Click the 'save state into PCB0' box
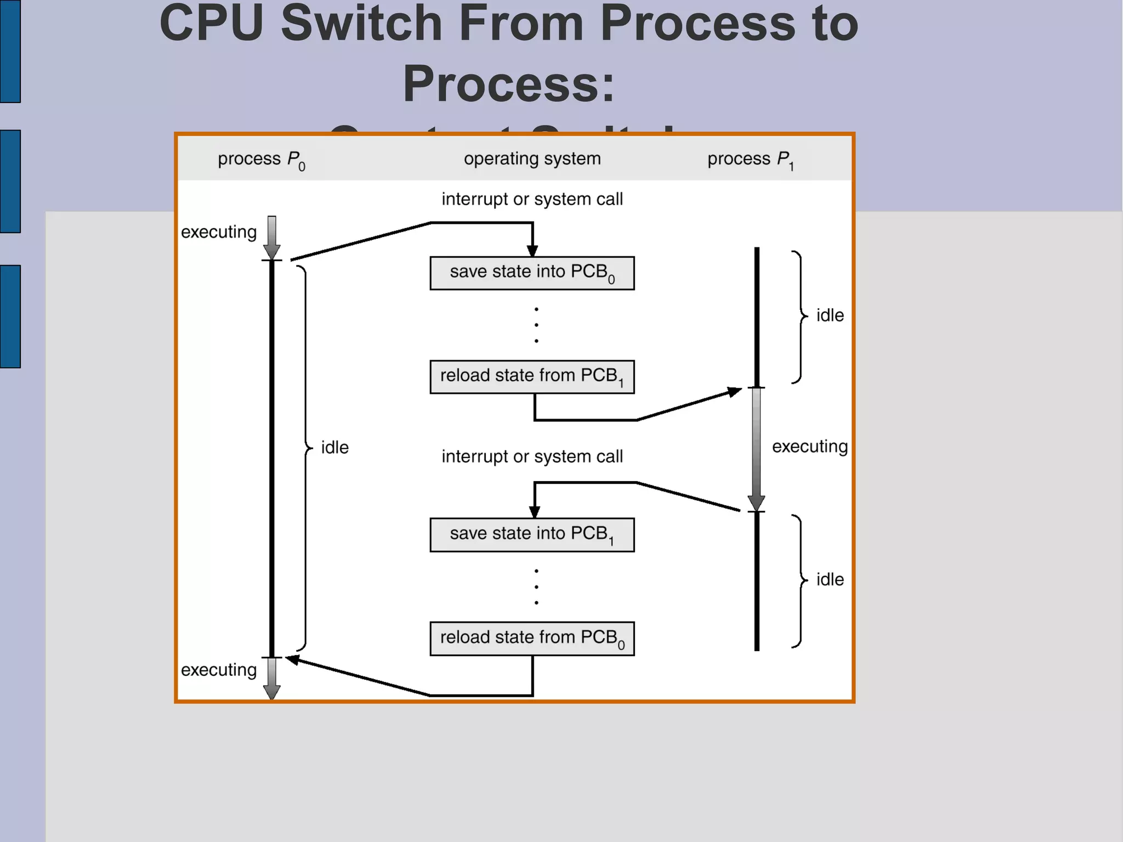[x=532, y=273]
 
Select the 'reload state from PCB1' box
[x=532, y=377]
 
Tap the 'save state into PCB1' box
[x=532, y=534]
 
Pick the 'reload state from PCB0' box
[x=532, y=638]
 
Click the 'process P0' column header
[x=261, y=160]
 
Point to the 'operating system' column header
[x=532, y=159]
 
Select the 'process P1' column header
[x=750, y=160]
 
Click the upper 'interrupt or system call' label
[x=532, y=199]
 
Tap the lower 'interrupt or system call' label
[x=532, y=456]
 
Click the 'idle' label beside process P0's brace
[x=334, y=447]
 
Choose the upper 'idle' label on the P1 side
[x=830, y=315]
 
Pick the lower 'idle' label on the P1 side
[x=830, y=579]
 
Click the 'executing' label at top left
[x=219, y=231]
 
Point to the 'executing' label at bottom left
[x=219, y=669]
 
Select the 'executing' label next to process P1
[x=809, y=446]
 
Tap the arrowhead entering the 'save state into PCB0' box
[x=532, y=250]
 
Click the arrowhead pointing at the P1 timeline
[x=734, y=391]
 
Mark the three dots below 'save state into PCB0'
[x=536, y=325]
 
